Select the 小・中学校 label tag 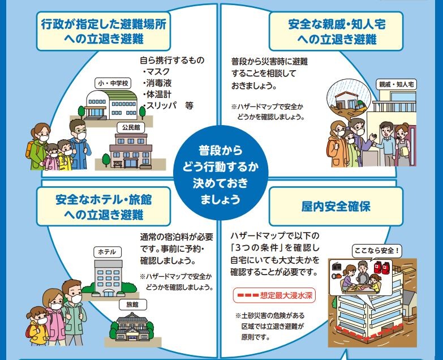[x=114, y=83]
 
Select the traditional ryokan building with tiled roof [x=131, y=329]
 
